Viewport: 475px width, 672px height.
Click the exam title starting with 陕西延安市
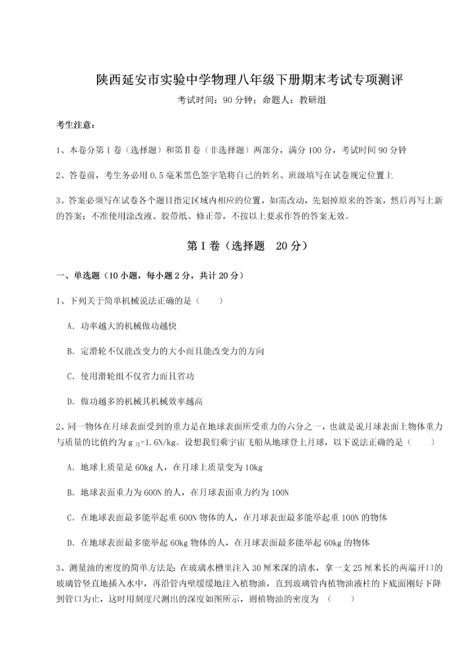tap(237, 80)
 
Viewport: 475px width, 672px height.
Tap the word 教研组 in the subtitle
tap(311, 100)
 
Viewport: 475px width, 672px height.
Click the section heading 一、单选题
tap(79, 275)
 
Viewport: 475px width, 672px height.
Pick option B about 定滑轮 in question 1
tap(165, 351)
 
